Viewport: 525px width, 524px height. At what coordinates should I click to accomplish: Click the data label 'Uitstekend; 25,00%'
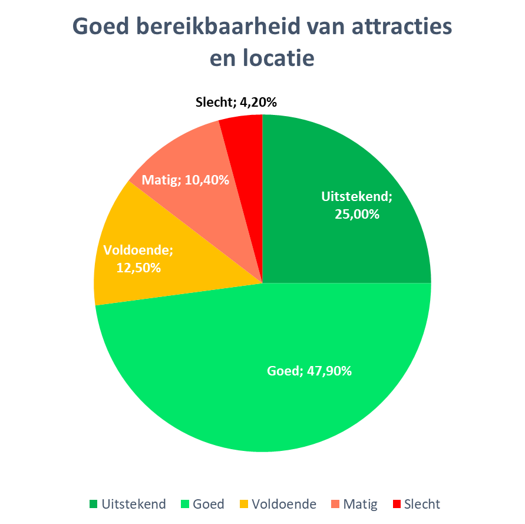pos(356,205)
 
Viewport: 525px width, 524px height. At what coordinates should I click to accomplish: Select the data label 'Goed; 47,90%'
pos(309,371)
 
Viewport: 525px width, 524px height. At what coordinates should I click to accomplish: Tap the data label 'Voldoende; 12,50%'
pos(138,259)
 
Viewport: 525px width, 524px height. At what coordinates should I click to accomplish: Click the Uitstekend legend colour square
pos(93,504)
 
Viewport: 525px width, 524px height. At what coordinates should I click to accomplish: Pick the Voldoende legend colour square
pos(243,504)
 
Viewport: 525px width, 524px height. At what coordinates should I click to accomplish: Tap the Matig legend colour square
pos(335,504)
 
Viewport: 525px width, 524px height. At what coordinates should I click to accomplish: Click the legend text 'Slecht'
pos(422,504)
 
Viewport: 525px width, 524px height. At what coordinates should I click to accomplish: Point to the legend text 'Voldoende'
pos(283,504)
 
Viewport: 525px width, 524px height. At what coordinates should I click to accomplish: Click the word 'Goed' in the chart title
pos(100,28)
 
